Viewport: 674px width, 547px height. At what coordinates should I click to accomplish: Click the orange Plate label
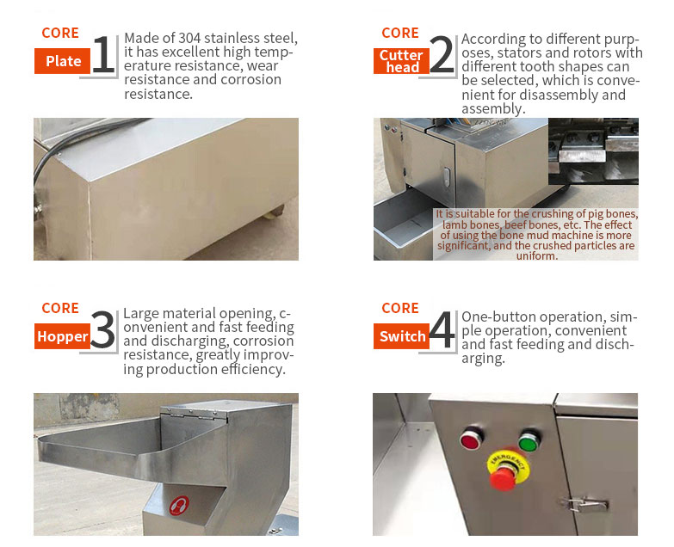click(x=62, y=61)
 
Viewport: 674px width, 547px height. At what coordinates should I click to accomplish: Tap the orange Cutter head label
click(x=402, y=61)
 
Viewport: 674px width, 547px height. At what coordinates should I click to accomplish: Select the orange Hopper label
click(x=62, y=337)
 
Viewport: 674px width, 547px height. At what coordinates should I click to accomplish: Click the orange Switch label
click(x=402, y=337)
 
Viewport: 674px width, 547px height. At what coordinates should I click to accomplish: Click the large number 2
click(x=441, y=56)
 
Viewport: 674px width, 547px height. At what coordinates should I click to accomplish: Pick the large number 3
click(x=102, y=332)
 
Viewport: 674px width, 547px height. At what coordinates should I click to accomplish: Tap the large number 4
click(x=441, y=332)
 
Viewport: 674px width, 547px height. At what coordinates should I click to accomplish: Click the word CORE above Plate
click(x=60, y=34)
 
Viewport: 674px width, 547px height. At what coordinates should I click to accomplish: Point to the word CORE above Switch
click(x=400, y=308)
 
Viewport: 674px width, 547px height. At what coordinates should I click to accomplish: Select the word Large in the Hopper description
click(x=141, y=314)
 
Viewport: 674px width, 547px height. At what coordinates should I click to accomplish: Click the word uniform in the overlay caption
click(x=536, y=255)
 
